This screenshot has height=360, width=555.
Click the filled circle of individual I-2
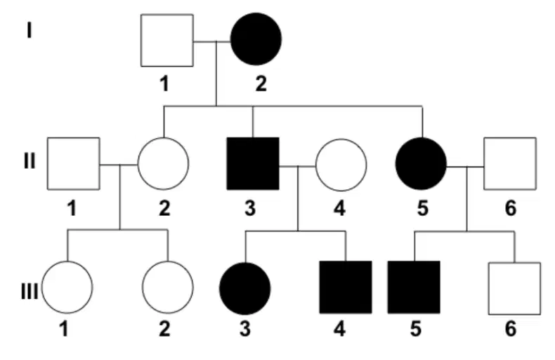256,39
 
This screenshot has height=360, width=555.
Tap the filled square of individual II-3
253,164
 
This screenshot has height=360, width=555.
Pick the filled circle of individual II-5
422,164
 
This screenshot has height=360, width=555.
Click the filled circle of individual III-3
245,289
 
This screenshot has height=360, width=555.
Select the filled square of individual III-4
346,288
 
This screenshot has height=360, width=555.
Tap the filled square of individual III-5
414,288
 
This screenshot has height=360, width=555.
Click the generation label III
29,292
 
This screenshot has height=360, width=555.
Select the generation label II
30,161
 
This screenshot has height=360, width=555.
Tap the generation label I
29,30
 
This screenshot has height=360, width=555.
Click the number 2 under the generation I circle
261,84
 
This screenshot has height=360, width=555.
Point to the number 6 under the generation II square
511,208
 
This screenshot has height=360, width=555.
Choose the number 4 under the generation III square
339,329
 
